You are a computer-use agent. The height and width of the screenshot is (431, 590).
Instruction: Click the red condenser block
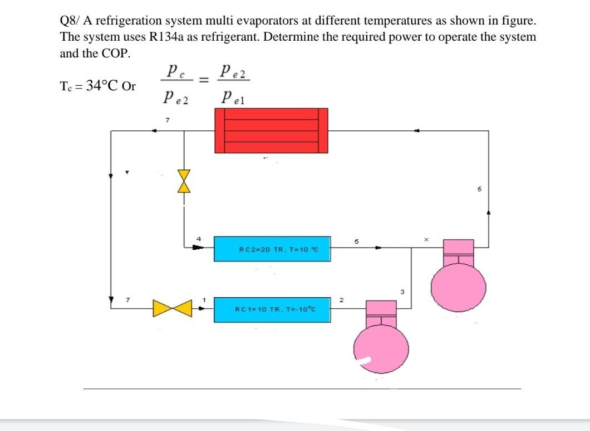point(272,130)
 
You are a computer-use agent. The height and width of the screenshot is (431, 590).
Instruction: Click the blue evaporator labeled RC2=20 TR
point(272,249)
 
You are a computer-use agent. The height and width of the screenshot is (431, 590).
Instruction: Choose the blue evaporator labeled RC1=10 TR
point(272,309)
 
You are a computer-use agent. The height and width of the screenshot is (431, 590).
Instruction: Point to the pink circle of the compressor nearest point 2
point(381,347)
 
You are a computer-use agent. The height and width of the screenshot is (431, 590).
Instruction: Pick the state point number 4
point(198,239)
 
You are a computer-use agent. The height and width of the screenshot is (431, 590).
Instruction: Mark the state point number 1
point(204,301)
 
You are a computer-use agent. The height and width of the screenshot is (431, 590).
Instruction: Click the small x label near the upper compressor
point(427,239)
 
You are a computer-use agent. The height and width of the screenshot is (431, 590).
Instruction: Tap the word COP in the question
point(115,54)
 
